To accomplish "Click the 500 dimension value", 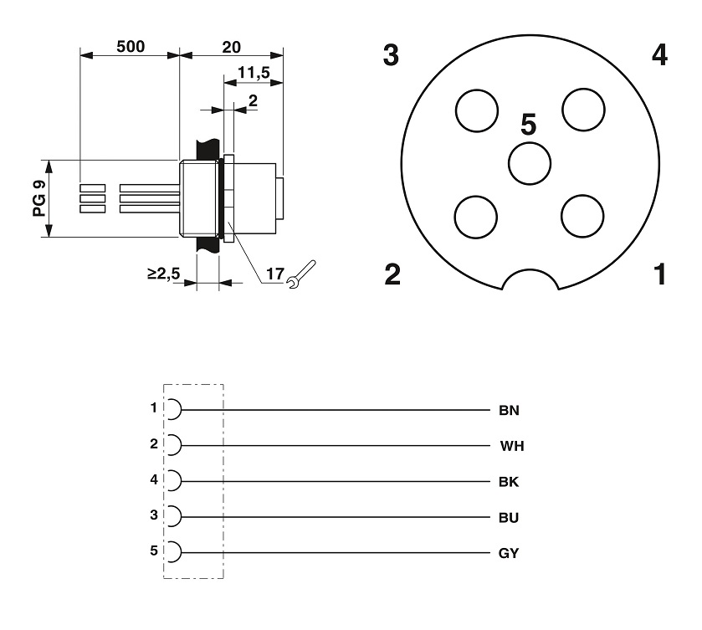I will pyautogui.click(x=130, y=46).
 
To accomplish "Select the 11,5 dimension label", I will pyautogui.click(x=253, y=73).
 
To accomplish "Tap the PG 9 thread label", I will pyautogui.click(x=38, y=199).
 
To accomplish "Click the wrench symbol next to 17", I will pyautogui.click(x=300, y=276).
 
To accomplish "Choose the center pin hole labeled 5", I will pyautogui.click(x=530, y=162).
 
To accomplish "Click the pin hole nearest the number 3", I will pyautogui.click(x=475, y=109).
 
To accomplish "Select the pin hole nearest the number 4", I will pyautogui.click(x=583, y=109).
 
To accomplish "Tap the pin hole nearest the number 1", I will pyautogui.click(x=583, y=216).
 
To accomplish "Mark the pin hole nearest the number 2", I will pyautogui.click(x=475, y=216).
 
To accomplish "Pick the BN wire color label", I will pyautogui.click(x=509, y=411).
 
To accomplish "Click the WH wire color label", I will pyautogui.click(x=512, y=446).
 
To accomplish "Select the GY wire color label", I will pyautogui.click(x=509, y=553).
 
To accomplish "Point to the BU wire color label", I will pyautogui.click(x=509, y=518).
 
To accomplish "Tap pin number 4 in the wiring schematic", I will pyautogui.click(x=154, y=479).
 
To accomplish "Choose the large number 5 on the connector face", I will pyautogui.click(x=529, y=124).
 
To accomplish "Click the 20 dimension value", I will pyautogui.click(x=232, y=46).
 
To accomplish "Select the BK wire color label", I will pyautogui.click(x=509, y=482).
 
